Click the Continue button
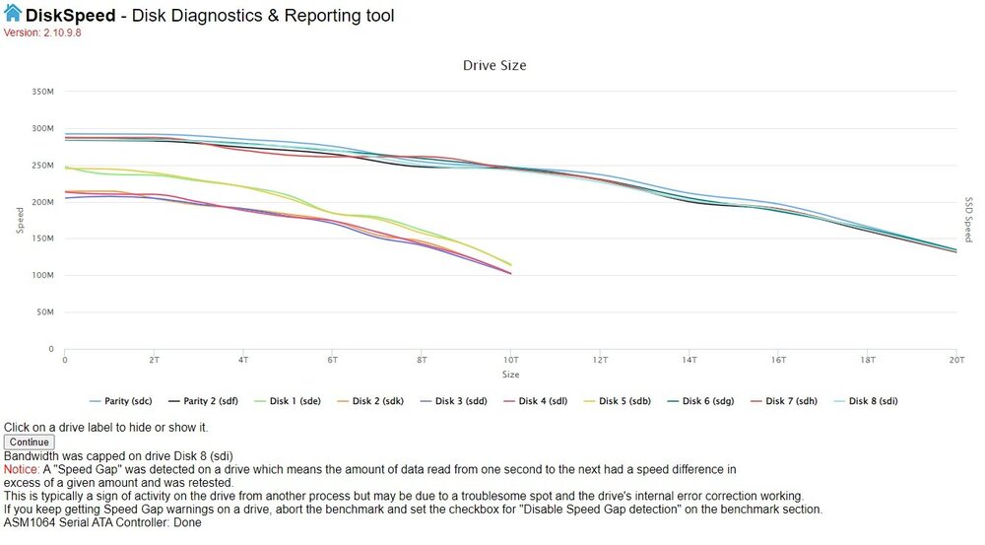[29, 442]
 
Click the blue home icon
[13, 13]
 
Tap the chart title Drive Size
[494, 65]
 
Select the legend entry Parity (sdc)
[120, 401]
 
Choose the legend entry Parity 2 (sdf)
[203, 401]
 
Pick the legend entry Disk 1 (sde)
[287, 401]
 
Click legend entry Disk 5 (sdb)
[617, 401]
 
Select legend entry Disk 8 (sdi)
[866, 401]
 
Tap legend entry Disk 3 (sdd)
[453, 401]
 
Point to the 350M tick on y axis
[42, 92]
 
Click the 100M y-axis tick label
[42, 275]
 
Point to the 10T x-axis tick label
[510, 360]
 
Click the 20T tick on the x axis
[956, 360]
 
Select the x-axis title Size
[510, 375]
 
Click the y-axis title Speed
[20, 221]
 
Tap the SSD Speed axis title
[968, 220]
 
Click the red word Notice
[22, 469]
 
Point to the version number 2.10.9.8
[62, 33]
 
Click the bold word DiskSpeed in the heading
[70, 15]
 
